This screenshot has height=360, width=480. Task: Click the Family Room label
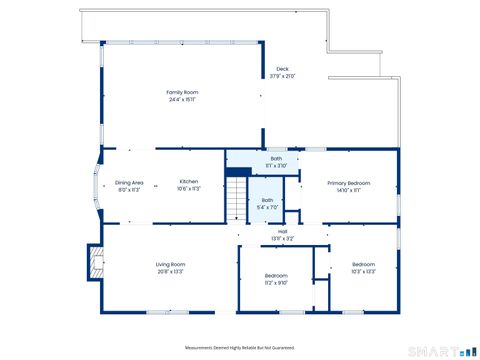[182, 91]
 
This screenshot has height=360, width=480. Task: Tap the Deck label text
[282, 68]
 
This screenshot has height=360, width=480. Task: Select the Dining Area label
[129, 182]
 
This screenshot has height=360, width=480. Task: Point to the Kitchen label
[189, 182]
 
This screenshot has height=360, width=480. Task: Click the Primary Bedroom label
[350, 183]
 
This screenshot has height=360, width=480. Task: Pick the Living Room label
[170, 264]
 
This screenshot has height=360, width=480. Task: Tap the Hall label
[283, 231]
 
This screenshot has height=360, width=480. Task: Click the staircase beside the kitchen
[235, 198]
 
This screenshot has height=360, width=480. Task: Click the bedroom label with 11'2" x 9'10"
[276, 275]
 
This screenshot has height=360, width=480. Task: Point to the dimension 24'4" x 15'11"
[182, 99]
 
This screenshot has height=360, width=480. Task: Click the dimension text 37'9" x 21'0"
[282, 76]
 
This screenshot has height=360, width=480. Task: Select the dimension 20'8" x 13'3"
[170, 271]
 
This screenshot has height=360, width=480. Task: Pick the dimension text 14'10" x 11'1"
[350, 190]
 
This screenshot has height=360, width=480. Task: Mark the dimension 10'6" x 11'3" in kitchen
[189, 189]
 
